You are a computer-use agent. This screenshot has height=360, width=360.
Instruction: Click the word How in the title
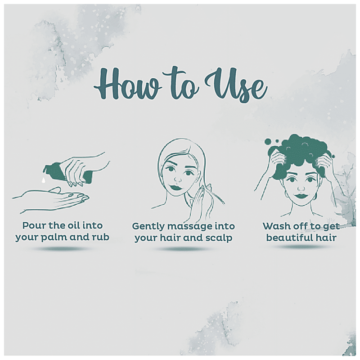click(128, 85)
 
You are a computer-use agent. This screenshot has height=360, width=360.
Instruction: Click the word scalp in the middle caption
click(220, 238)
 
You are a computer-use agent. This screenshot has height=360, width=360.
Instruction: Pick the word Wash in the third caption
click(274, 226)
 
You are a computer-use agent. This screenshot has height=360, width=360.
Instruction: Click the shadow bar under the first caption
click(62, 249)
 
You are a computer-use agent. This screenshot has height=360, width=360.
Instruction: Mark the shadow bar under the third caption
click(301, 247)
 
